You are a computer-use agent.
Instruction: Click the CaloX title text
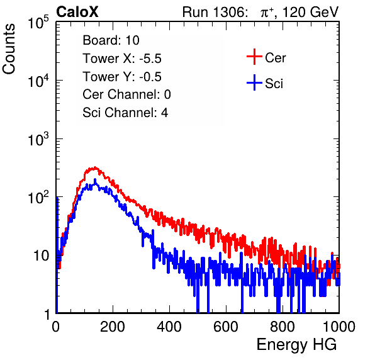77,12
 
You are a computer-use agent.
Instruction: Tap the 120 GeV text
311,12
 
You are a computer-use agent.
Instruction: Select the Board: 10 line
111,40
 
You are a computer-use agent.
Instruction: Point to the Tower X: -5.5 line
122,59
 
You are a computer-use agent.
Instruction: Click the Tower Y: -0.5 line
122,77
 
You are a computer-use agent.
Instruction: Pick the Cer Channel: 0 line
126,94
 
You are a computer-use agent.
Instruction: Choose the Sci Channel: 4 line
125,113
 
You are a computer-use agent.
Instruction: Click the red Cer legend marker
254,57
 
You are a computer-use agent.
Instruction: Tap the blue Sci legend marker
254,83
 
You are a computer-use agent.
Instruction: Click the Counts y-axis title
9,49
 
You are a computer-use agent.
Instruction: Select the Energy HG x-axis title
296,344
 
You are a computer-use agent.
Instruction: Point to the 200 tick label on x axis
113,327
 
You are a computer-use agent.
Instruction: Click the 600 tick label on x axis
226,327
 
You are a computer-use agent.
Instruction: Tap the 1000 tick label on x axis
339,327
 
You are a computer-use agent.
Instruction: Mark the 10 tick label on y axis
42,256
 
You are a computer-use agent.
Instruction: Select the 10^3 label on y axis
38,139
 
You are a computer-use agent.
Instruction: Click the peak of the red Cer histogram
95,167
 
